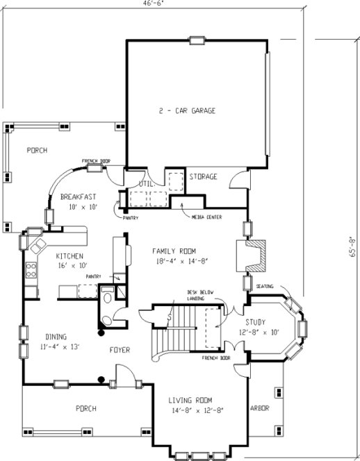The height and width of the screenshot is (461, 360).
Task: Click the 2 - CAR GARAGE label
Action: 186,110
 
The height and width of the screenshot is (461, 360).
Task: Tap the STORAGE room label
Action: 204,177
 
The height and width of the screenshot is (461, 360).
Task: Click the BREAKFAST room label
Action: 78,196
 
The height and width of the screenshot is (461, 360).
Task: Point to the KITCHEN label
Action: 69,255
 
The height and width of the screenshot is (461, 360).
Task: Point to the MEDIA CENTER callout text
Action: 207,217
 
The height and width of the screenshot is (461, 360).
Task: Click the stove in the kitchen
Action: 31,269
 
